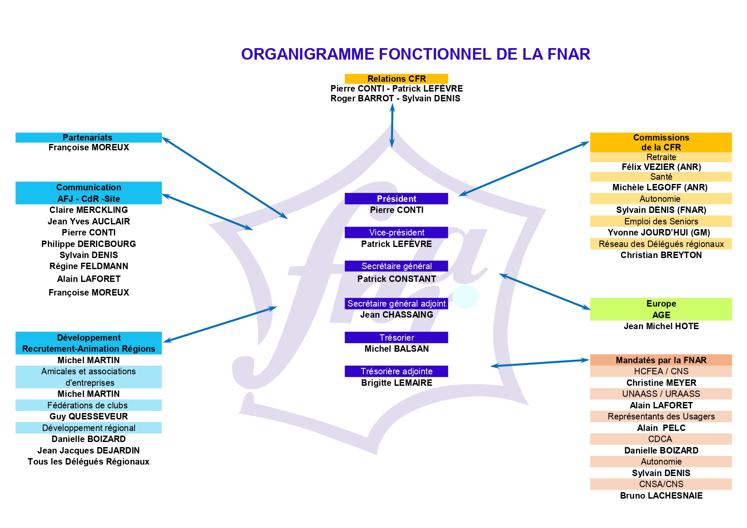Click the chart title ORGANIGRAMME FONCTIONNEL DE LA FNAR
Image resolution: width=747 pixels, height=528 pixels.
click(416, 54)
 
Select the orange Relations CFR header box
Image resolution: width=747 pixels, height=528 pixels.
click(396, 79)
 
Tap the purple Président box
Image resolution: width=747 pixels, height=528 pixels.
click(396, 198)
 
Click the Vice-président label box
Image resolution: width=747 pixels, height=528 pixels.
click(396, 232)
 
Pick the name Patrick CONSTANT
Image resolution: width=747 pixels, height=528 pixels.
click(396, 279)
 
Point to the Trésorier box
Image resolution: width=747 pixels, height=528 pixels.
click(396, 337)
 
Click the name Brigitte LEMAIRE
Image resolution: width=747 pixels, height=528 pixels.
click(396, 383)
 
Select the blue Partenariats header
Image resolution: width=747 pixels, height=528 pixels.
click(89, 138)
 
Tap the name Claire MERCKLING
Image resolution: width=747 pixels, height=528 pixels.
click(89, 210)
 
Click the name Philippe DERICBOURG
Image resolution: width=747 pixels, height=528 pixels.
click(89, 244)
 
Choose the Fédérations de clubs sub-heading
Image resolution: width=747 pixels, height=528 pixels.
click(89, 405)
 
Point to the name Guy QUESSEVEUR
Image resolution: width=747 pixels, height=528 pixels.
click(89, 416)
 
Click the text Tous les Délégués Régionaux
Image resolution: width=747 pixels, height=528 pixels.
click(89, 462)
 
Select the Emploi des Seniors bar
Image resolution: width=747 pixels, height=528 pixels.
click(661, 221)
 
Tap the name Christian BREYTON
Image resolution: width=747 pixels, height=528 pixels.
click(661, 255)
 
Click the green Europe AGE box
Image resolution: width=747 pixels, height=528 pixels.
click(661, 309)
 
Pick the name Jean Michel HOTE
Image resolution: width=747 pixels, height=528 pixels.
click(661, 326)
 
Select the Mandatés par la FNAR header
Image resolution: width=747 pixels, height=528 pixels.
click(661, 360)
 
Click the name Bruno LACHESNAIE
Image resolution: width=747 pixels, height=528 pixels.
click(661, 496)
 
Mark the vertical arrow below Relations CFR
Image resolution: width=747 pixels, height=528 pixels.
click(392, 126)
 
